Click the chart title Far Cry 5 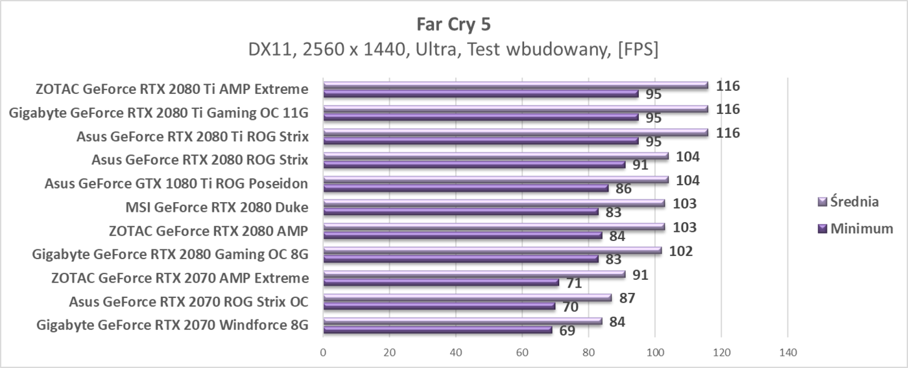point(453,25)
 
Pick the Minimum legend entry point(856,228)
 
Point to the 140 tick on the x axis point(787,352)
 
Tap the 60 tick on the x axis point(522,352)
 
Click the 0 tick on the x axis point(323,352)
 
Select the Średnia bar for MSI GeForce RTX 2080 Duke point(494,203)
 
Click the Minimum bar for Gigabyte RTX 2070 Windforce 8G point(437,330)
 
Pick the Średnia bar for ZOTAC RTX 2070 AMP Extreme point(474,274)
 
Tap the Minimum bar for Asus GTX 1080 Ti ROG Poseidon point(466,189)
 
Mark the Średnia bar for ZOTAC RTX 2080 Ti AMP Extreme point(516,85)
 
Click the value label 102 point(680,251)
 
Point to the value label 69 point(567,330)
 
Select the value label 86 point(623,189)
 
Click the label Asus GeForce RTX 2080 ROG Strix point(200,159)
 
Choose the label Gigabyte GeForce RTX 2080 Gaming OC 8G point(170,254)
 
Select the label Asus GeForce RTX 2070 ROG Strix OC point(189,302)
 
